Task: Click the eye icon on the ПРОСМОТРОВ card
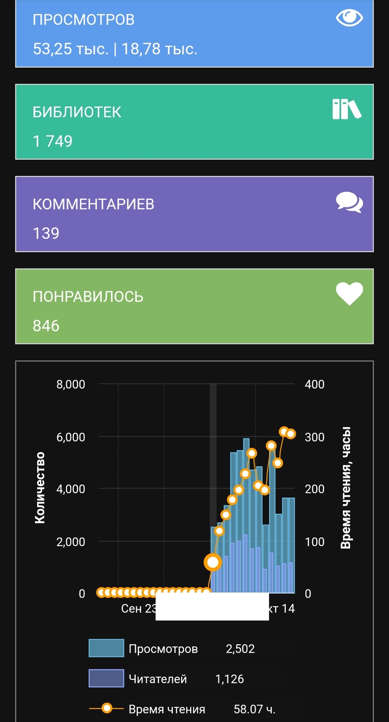[x=350, y=18]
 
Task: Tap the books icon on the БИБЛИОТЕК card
[x=347, y=109]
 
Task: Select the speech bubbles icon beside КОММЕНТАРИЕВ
[x=350, y=203]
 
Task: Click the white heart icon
[x=350, y=294]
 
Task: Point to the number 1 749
[x=52, y=141]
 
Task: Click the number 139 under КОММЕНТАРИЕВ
[x=46, y=233]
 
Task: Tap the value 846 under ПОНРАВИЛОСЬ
[x=46, y=326]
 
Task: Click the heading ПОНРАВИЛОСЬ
[x=88, y=296]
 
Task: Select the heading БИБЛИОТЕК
[x=77, y=112]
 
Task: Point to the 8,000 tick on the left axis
[x=71, y=384]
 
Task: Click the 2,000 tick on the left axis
[x=71, y=542]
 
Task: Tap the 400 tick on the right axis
[x=315, y=384]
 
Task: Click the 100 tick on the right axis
[x=315, y=542]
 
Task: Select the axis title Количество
[x=39, y=488]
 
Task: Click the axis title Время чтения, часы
[x=346, y=488]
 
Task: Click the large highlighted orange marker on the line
[x=212, y=562]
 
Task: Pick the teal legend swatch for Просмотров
[x=106, y=648]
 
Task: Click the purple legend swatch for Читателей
[x=106, y=678]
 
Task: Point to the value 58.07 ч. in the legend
[x=255, y=709]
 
